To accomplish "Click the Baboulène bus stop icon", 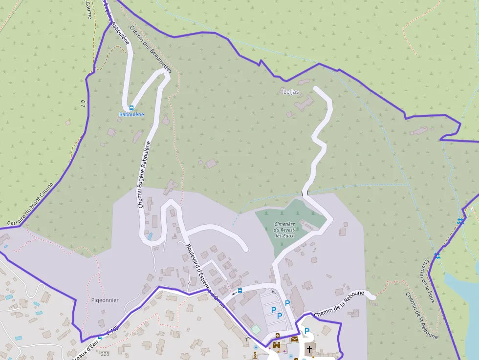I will [x=131, y=108].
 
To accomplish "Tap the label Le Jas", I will [x=291, y=91].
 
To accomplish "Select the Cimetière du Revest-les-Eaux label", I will [x=285, y=229].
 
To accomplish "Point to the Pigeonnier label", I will [x=105, y=300].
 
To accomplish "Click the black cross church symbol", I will [x=309, y=349].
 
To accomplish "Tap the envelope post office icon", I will [x=295, y=339].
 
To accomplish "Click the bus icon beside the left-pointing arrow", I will [x=239, y=291].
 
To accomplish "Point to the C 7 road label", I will [x=83, y=103].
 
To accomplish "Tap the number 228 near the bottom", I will [x=105, y=353].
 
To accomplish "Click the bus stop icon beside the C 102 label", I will [x=100, y=337].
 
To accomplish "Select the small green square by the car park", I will [x=256, y=330].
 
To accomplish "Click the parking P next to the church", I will [x=307, y=331].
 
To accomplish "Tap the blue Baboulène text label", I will [x=131, y=114].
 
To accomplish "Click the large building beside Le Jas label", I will [x=306, y=103].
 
